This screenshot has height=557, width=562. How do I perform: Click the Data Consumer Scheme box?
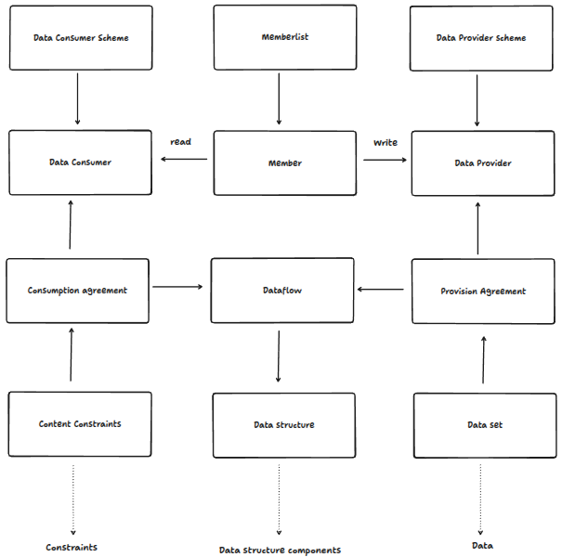click(80, 38)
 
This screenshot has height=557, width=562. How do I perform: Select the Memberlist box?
click(284, 38)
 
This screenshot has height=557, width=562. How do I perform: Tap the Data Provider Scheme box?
click(481, 38)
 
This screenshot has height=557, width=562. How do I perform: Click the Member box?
click(284, 163)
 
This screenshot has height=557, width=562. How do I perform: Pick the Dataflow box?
click(282, 291)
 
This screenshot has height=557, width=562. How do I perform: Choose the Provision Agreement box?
click(482, 291)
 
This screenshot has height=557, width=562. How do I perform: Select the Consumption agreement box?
click(77, 291)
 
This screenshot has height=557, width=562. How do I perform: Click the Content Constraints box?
click(80, 424)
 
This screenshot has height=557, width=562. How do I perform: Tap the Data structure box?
click(283, 425)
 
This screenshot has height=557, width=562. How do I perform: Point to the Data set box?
click(484, 425)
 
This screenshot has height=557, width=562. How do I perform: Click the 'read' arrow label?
click(180, 142)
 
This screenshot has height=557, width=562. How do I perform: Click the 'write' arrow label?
click(386, 143)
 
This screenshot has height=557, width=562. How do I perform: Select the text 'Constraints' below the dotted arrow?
click(72, 548)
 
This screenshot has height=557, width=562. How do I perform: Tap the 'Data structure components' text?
click(280, 551)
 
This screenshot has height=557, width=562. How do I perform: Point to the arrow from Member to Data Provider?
click(385, 160)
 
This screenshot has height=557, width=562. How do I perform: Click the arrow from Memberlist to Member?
click(279, 99)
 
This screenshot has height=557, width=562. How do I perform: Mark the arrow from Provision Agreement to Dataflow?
click(381, 290)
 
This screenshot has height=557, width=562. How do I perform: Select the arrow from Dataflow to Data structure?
click(279, 356)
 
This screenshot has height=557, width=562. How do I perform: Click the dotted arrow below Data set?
click(480, 497)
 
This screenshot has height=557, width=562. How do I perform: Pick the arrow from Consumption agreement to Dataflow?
click(177, 288)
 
